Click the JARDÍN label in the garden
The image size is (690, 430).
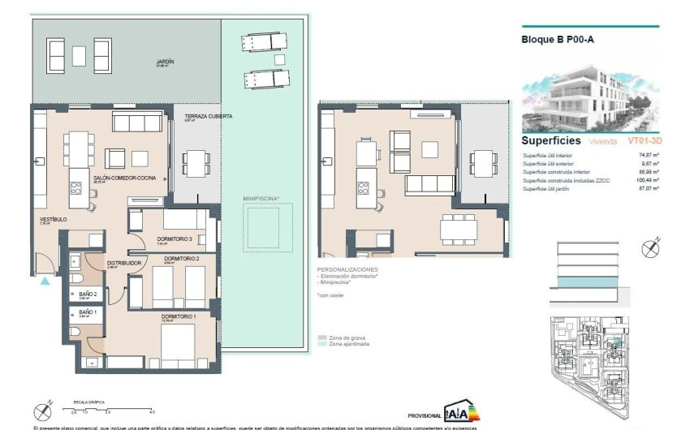pos(166,62)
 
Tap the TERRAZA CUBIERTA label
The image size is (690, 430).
pos(209,117)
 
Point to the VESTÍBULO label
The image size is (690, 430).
pos(54,220)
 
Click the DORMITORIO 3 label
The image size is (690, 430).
pos(175,239)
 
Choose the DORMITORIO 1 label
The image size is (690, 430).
pos(178,316)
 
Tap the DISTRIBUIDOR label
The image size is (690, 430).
pos(126,263)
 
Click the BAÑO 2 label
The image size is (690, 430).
pos(88,294)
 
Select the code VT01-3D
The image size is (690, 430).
pos(643,140)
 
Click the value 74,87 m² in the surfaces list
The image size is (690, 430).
pos(646,154)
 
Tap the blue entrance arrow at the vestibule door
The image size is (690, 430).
pos(45,282)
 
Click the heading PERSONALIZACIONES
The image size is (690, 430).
pos(347,269)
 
